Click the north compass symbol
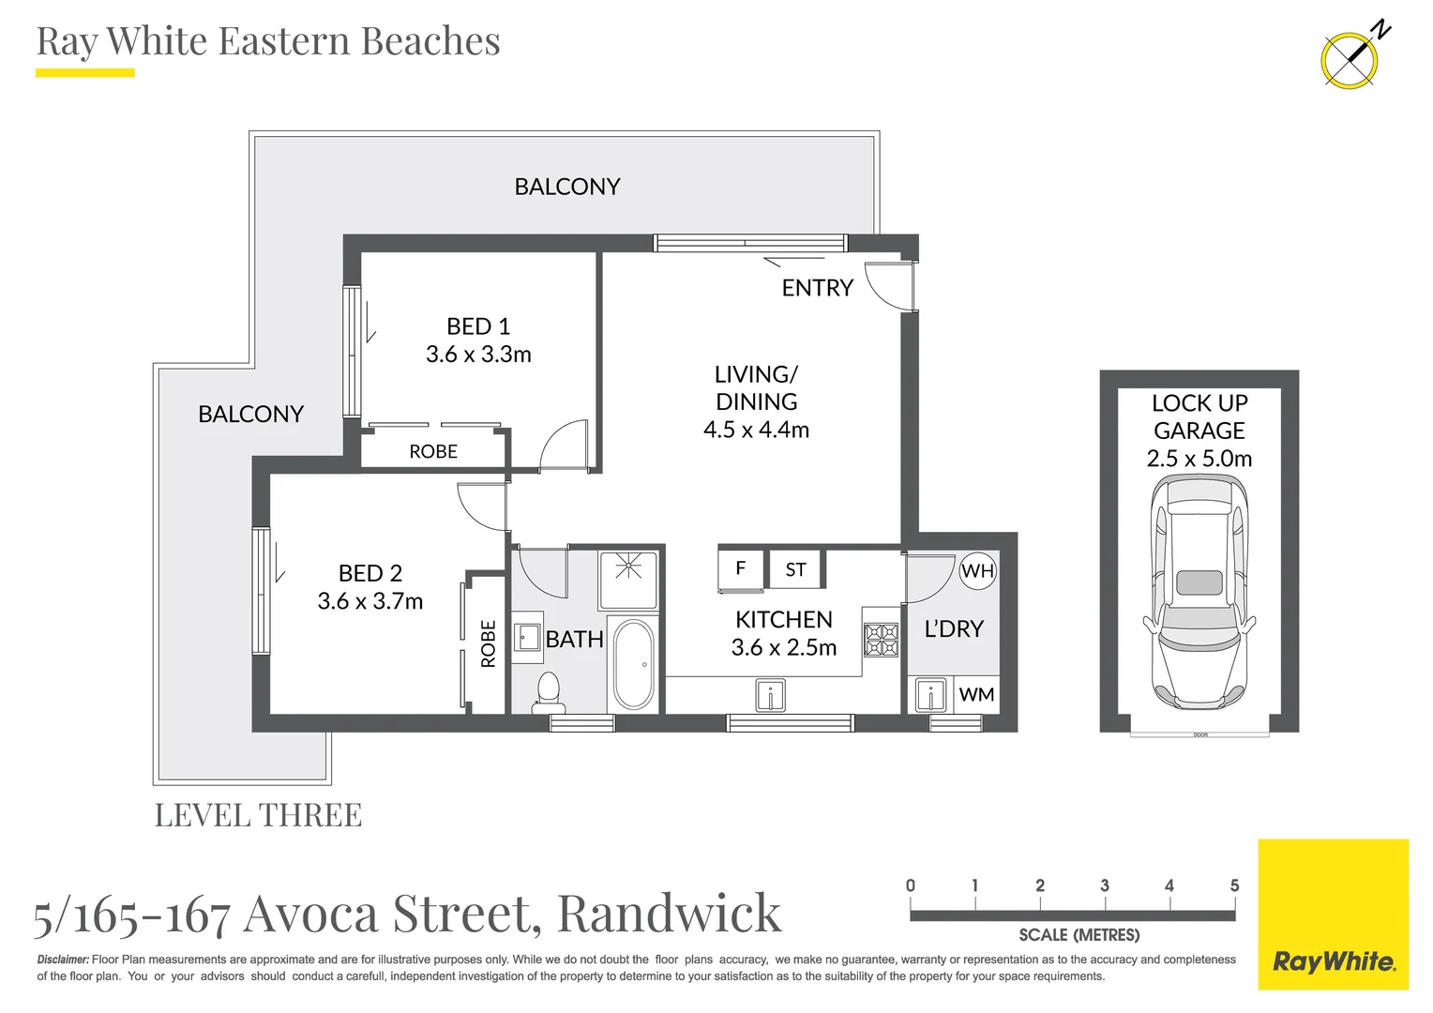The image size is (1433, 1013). coord(1350,59)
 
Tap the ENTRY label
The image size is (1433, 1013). coord(817,288)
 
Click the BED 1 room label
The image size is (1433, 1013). coord(478,326)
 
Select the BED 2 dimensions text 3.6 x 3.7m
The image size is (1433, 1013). coord(370,601)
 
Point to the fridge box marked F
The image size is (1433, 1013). coord(741,568)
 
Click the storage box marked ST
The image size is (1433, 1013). coord(795,569)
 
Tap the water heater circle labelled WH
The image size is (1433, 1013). coord(977,570)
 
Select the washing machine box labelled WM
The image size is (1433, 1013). coord(976,695)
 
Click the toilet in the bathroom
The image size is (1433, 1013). coord(547,690)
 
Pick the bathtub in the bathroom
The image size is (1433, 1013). coord(633,664)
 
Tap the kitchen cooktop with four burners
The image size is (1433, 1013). coord(881,640)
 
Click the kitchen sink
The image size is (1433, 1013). coord(770,696)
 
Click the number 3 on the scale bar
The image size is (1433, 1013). coord(1105,885)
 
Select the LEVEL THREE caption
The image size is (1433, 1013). coord(258,815)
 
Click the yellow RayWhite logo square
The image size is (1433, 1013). coord(1333,915)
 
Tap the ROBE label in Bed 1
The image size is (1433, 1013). coord(433,452)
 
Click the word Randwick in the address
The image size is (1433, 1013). coord(669,913)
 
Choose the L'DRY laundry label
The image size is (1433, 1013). coord(954,628)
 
